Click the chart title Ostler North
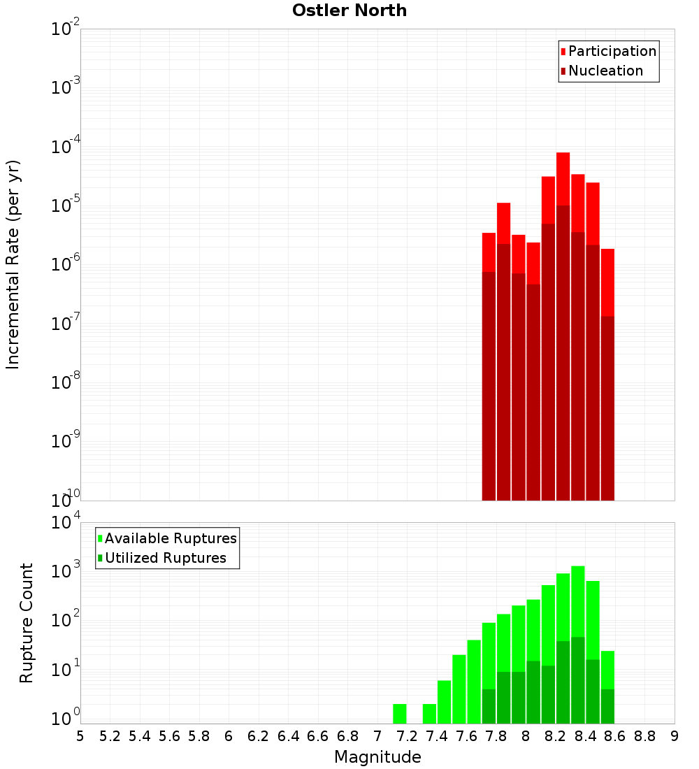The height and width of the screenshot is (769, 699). click(x=349, y=10)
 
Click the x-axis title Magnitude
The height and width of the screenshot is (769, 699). click(x=377, y=757)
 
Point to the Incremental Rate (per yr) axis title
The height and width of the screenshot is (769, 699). click(x=13, y=264)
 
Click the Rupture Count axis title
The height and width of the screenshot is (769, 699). click(x=27, y=622)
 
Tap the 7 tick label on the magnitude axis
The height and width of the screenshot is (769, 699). click(x=377, y=736)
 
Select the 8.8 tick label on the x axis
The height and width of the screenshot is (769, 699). click(x=644, y=736)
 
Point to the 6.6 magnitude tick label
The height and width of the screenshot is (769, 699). click(x=318, y=736)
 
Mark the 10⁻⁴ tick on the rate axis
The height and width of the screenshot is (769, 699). click(x=65, y=147)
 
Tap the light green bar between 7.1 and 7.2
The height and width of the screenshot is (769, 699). click(x=400, y=714)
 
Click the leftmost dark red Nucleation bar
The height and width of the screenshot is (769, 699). click(x=489, y=384)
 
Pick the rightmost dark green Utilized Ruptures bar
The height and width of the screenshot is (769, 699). click(x=607, y=706)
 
